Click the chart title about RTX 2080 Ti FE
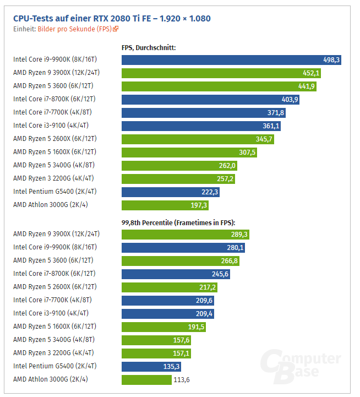pyautogui.click(x=112, y=18)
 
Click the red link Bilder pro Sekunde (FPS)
pyautogui.click(x=75, y=29)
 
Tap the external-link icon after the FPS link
pyautogui.click(x=116, y=29)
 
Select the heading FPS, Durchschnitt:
pyautogui.click(x=148, y=48)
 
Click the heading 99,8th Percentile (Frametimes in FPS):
pyautogui.click(x=178, y=222)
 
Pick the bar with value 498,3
pyautogui.click(x=231, y=59)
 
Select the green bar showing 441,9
pyautogui.click(x=219, y=86)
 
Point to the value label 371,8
pyautogui.click(x=276, y=112)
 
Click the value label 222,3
pyautogui.click(x=210, y=192)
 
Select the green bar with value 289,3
pyautogui.click(x=185, y=234)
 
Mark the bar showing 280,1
pyautogui.click(x=183, y=247)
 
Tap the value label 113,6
pyautogui.click(x=182, y=379)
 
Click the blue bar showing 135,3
pyautogui.click(x=151, y=366)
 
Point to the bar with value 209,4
pyautogui.click(x=167, y=313)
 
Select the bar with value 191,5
pyautogui.click(x=163, y=327)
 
